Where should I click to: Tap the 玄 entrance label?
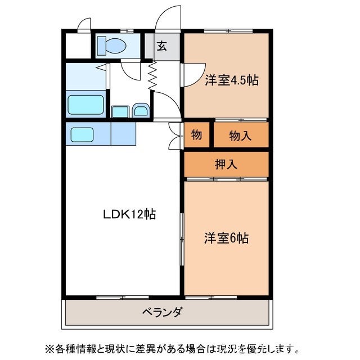(161, 46)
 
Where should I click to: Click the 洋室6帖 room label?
(226, 238)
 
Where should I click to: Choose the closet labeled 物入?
(241, 136)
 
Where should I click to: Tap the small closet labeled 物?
(196, 136)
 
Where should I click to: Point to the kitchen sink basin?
(82, 134)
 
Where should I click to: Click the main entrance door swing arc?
(168, 17)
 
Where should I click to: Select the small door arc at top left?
(84, 24)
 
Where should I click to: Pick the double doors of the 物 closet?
(174, 136)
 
